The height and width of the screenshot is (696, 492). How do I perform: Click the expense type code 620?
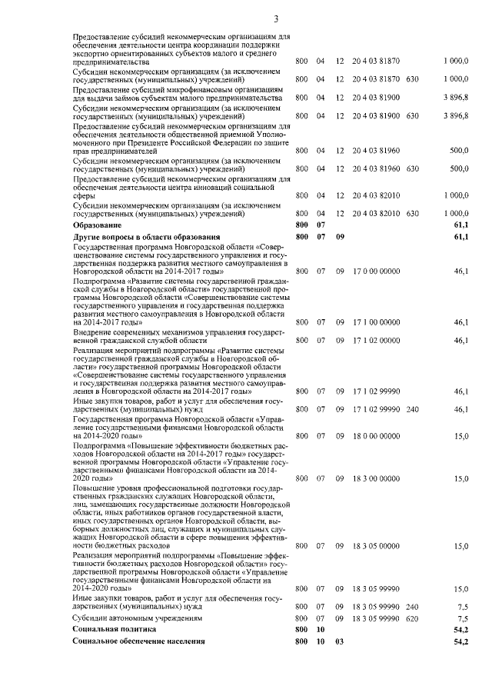[x=412, y=618]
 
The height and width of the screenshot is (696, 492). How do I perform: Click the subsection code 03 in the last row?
[x=338, y=641]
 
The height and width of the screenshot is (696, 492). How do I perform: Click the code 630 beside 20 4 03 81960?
[x=412, y=168]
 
